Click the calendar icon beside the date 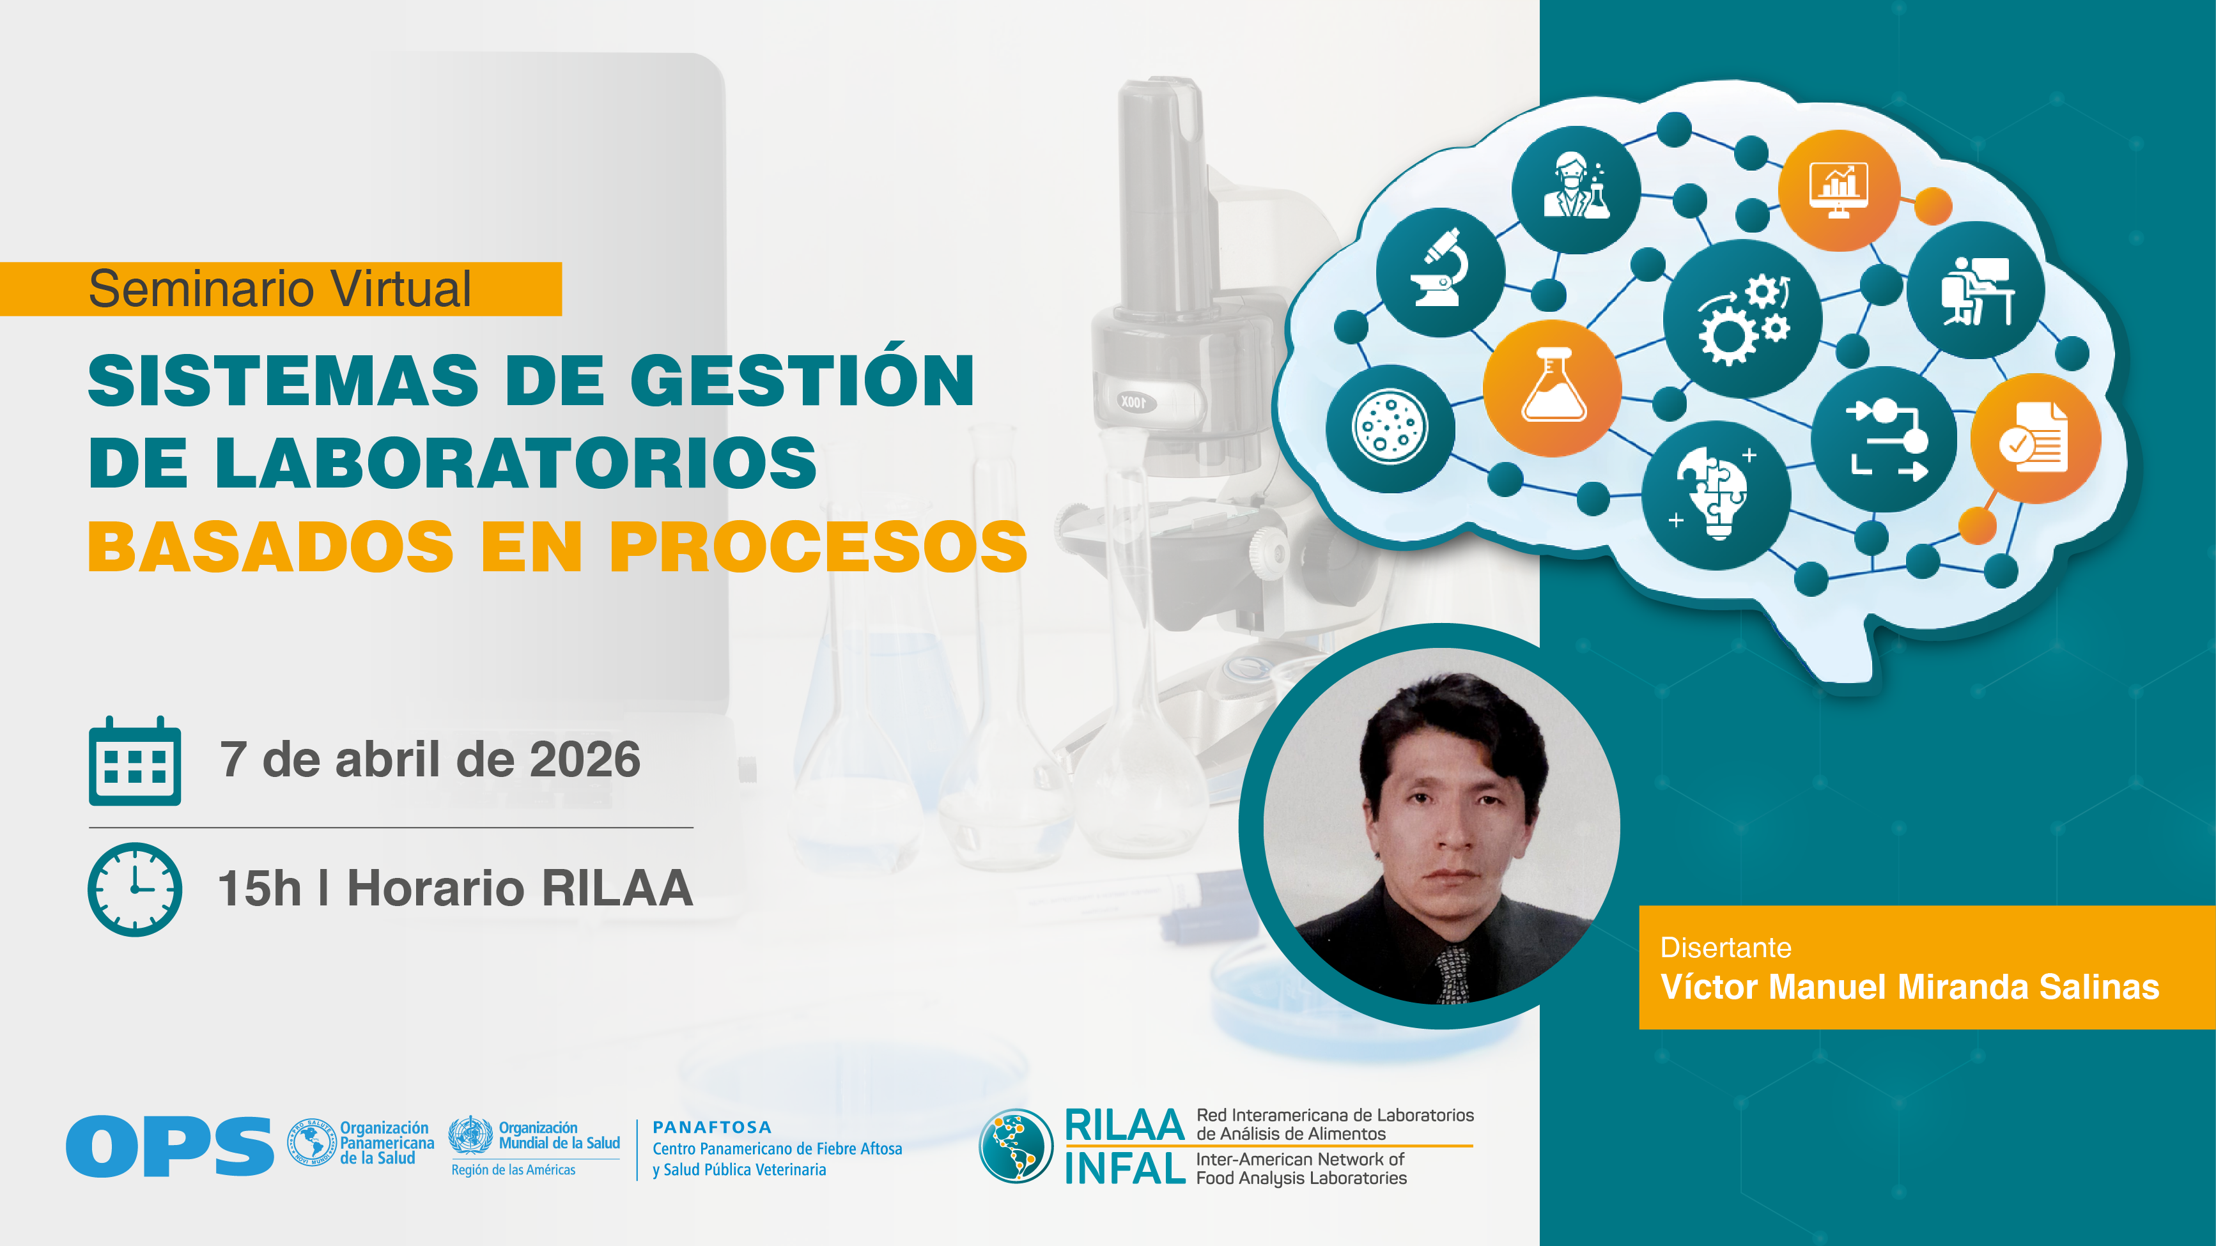point(135,761)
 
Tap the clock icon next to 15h point(135,889)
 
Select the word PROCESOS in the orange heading point(818,546)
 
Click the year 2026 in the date point(585,759)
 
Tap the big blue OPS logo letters point(169,1146)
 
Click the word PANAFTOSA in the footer point(712,1127)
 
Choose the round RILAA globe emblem point(1016,1146)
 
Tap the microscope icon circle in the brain point(1441,273)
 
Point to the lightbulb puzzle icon point(1716,495)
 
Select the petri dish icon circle point(1390,428)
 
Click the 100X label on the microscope point(1133,401)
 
